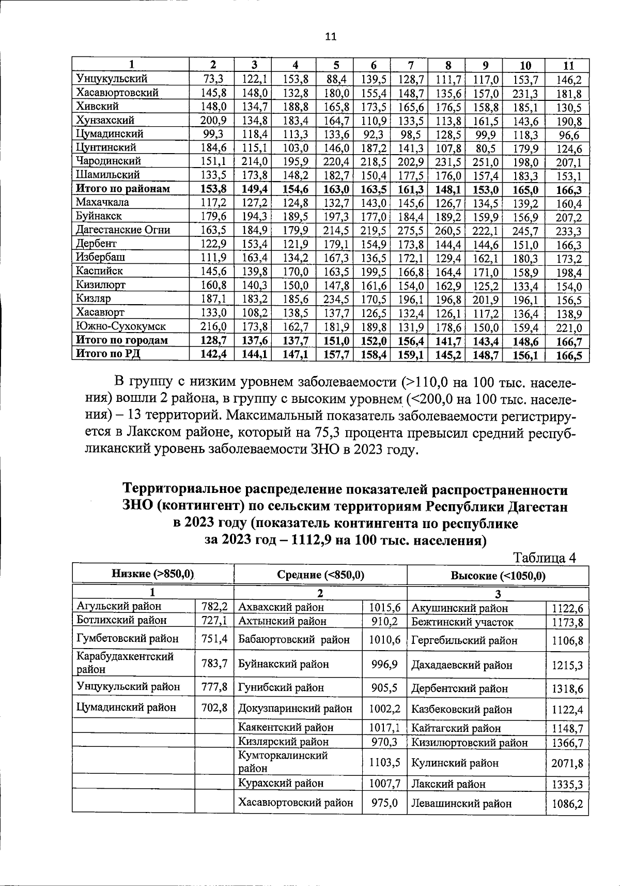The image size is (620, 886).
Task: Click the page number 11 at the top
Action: (331, 36)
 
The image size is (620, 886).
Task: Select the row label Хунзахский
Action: (105, 120)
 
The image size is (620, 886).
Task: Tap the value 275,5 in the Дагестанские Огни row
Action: (410, 230)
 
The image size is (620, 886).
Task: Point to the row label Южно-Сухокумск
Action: (121, 326)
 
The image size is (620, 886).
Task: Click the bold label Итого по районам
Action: (123, 189)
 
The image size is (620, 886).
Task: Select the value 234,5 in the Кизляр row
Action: (336, 298)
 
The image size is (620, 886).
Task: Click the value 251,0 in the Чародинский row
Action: (485, 161)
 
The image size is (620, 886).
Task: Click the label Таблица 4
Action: (544, 558)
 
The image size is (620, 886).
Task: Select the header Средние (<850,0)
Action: (320, 575)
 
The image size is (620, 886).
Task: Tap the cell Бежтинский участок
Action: (462, 622)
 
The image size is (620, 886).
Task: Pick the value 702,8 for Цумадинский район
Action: (214, 707)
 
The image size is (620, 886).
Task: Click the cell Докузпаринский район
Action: (295, 709)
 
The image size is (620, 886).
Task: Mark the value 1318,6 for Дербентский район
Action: (567, 689)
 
